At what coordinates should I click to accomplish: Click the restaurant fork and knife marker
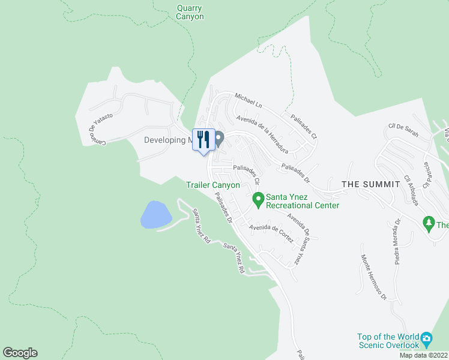(203, 140)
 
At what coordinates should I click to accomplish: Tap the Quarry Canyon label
(190, 12)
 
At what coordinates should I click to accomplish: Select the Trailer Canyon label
(213, 185)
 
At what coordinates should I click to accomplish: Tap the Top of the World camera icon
(426, 338)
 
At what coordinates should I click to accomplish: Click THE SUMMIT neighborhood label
(370, 184)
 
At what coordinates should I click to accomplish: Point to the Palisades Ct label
(303, 127)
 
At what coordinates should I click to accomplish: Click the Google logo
(20, 353)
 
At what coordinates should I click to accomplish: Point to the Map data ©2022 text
(423, 355)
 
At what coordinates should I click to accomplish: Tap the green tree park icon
(429, 224)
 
